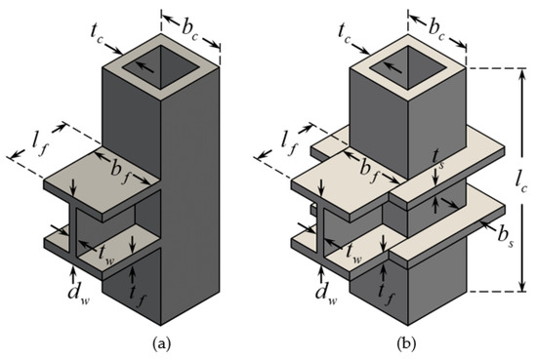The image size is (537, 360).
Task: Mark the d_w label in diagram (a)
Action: click(x=76, y=290)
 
